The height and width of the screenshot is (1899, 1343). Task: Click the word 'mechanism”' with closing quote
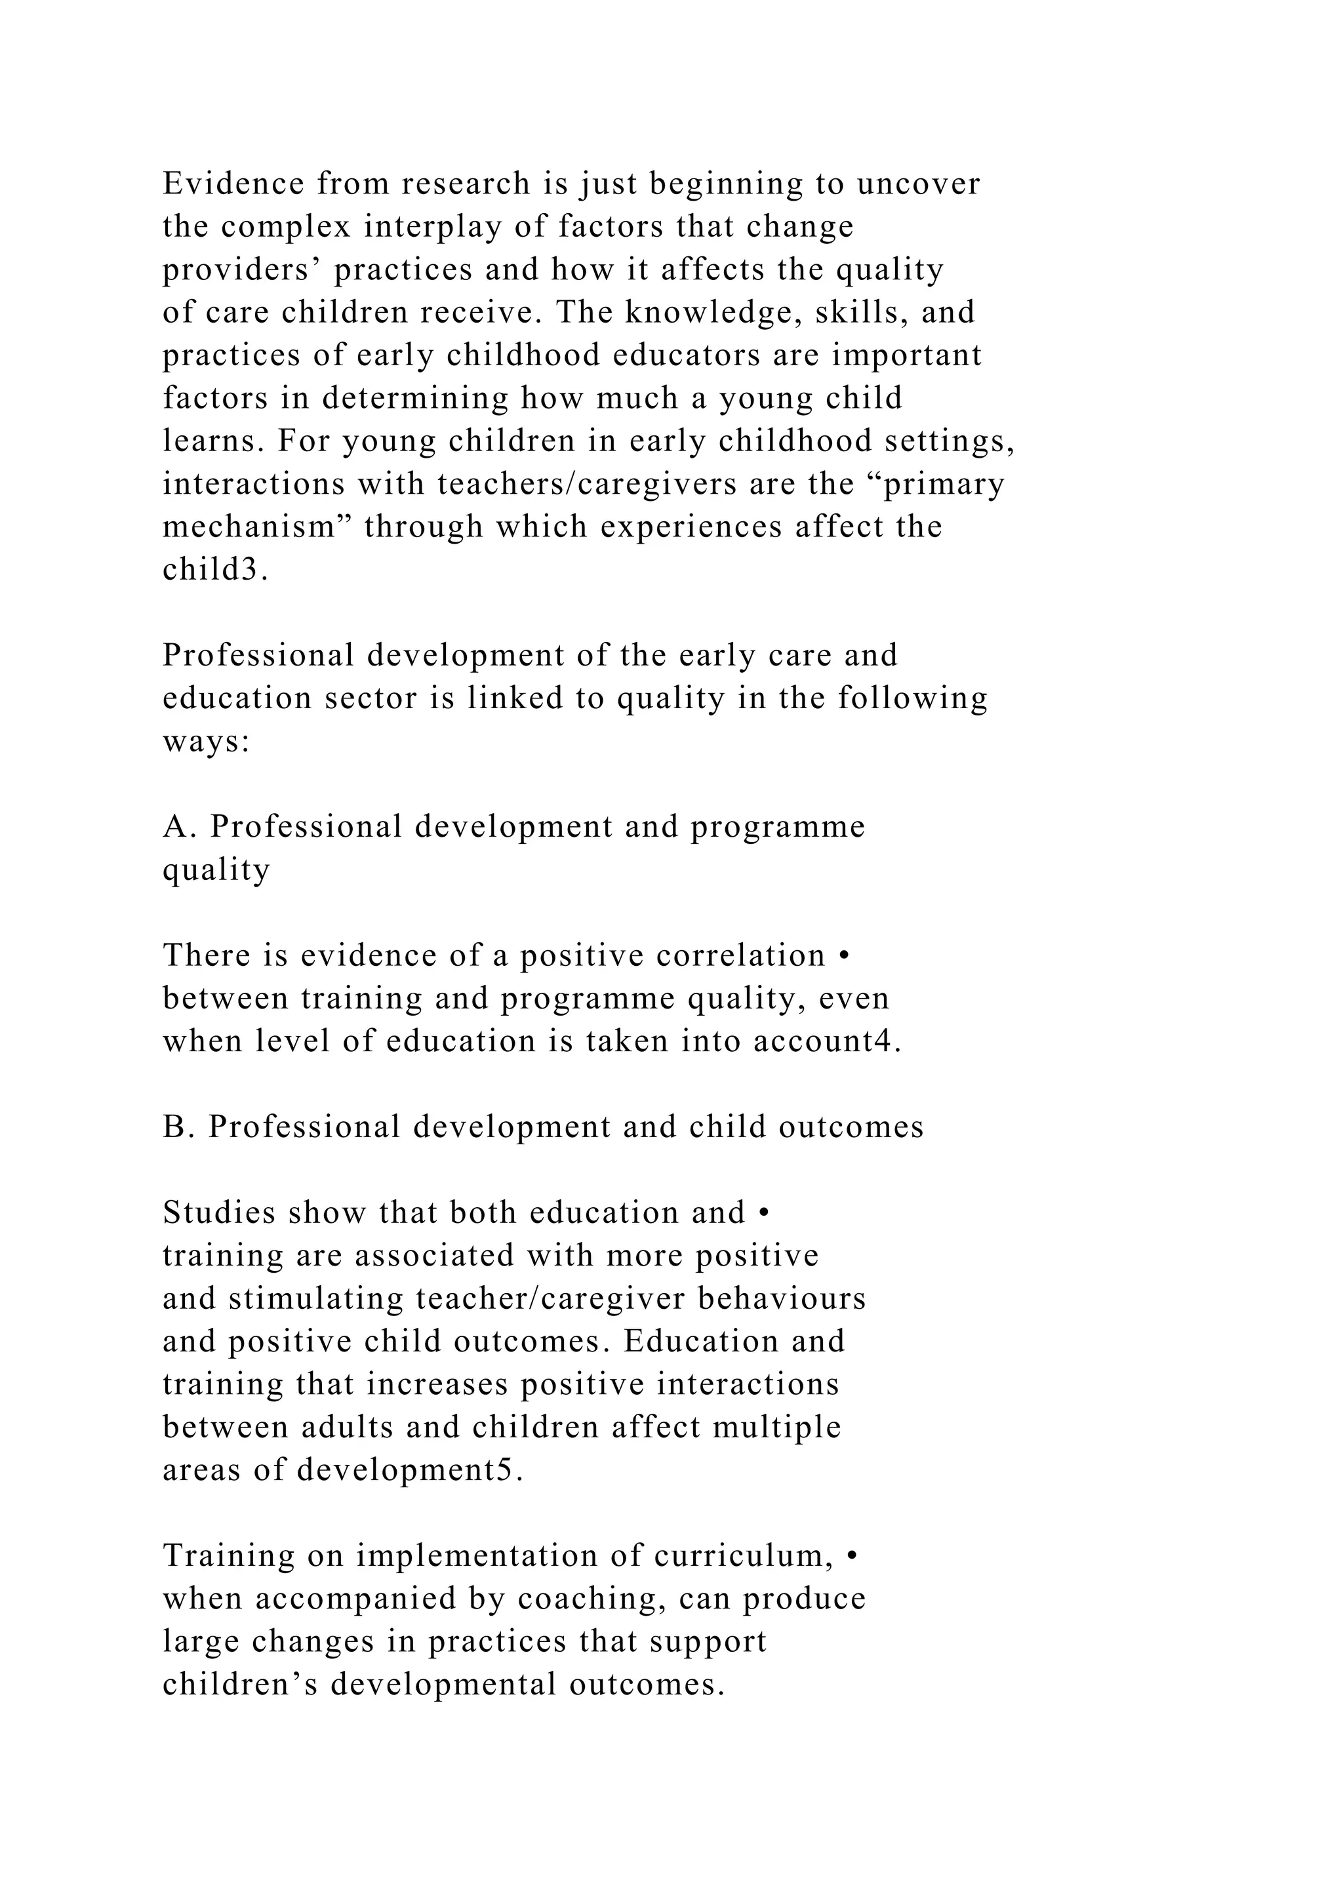click(257, 527)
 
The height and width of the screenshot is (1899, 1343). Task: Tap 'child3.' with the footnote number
click(216, 570)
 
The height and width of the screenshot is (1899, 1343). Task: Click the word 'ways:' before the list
click(206, 742)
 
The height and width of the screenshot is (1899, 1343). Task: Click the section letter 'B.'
click(178, 1127)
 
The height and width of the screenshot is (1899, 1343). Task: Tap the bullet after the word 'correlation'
click(843, 956)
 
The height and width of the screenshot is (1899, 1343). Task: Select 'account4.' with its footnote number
click(827, 1041)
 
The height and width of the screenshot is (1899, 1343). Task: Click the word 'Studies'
click(219, 1213)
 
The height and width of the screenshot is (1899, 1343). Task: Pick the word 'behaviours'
click(782, 1298)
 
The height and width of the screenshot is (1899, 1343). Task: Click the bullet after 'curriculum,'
click(853, 1557)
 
